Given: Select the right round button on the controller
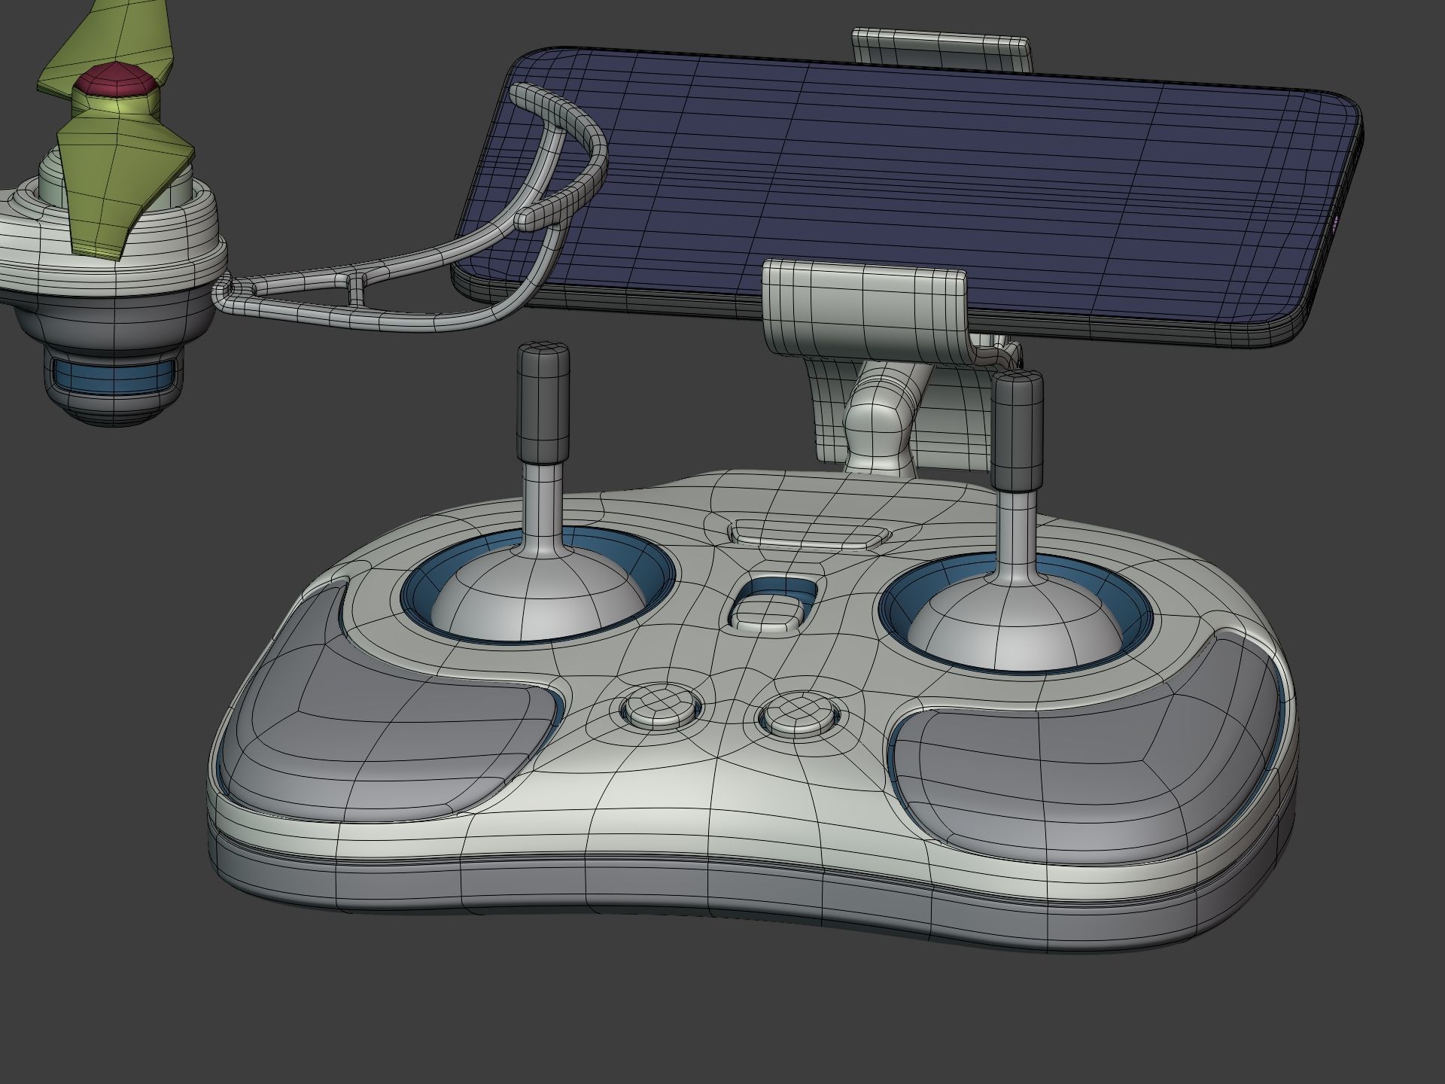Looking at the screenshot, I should click(x=799, y=714).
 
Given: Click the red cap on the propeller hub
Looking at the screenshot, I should click(x=117, y=81).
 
